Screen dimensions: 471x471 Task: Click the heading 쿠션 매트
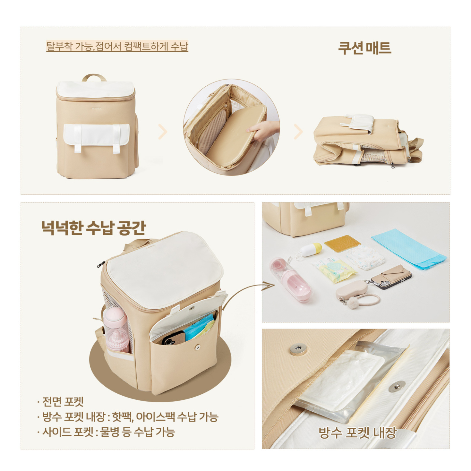[364, 48]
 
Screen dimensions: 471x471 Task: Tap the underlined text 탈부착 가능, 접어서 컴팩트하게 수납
[117, 46]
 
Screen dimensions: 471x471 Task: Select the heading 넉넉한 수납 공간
[94, 228]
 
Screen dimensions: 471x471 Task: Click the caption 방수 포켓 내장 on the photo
[357, 433]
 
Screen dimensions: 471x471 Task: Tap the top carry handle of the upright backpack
[94, 78]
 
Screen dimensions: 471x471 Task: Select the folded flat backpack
[367, 140]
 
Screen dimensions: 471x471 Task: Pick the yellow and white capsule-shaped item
[311, 250]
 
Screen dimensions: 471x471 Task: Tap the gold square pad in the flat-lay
[342, 243]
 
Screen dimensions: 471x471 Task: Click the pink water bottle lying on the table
[290, 280]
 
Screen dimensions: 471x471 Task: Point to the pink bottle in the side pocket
[116, 329]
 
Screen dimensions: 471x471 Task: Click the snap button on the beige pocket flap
[298, 349]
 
